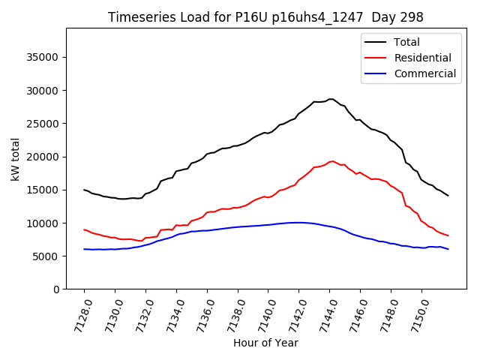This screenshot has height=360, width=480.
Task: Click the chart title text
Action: (x=265, y=17)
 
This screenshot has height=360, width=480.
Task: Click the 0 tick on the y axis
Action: (x=56, y=289)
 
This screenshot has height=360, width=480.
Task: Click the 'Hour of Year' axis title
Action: (x=265, y=343)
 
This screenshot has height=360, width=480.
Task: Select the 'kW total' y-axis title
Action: (x=16, y=159)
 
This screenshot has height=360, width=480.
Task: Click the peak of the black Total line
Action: (x=331, y=99)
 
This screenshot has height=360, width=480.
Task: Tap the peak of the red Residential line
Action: (x=332, y=161)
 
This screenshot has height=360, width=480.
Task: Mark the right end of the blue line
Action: (x=448, y=249)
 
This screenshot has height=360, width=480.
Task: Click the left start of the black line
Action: (x=84, y=190)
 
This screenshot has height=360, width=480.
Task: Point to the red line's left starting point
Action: (x=84, y=229)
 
